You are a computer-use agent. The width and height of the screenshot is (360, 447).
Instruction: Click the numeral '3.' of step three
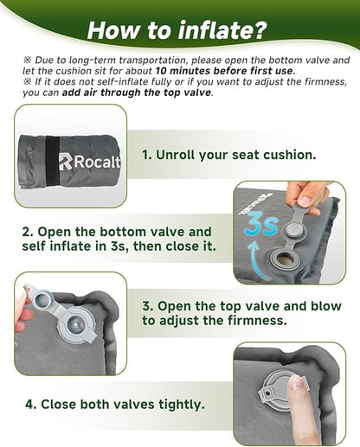point(145,305)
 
